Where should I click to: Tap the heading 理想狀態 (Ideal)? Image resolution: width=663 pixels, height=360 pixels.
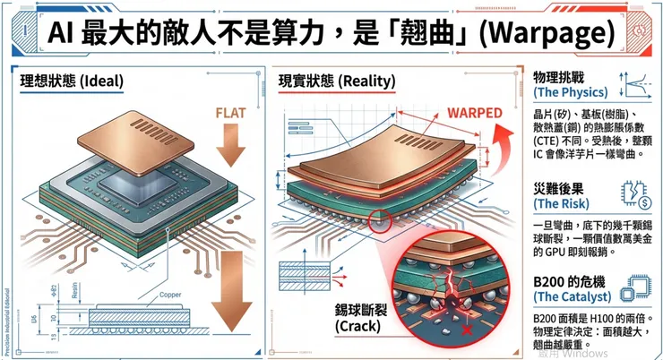click(x=73, y=81)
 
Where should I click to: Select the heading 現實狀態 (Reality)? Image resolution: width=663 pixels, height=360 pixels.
click(x=337, y=81)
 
